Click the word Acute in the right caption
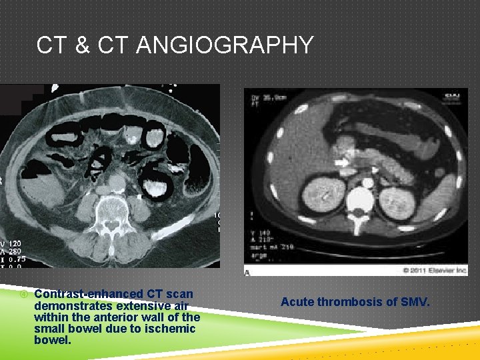[297, 302]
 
